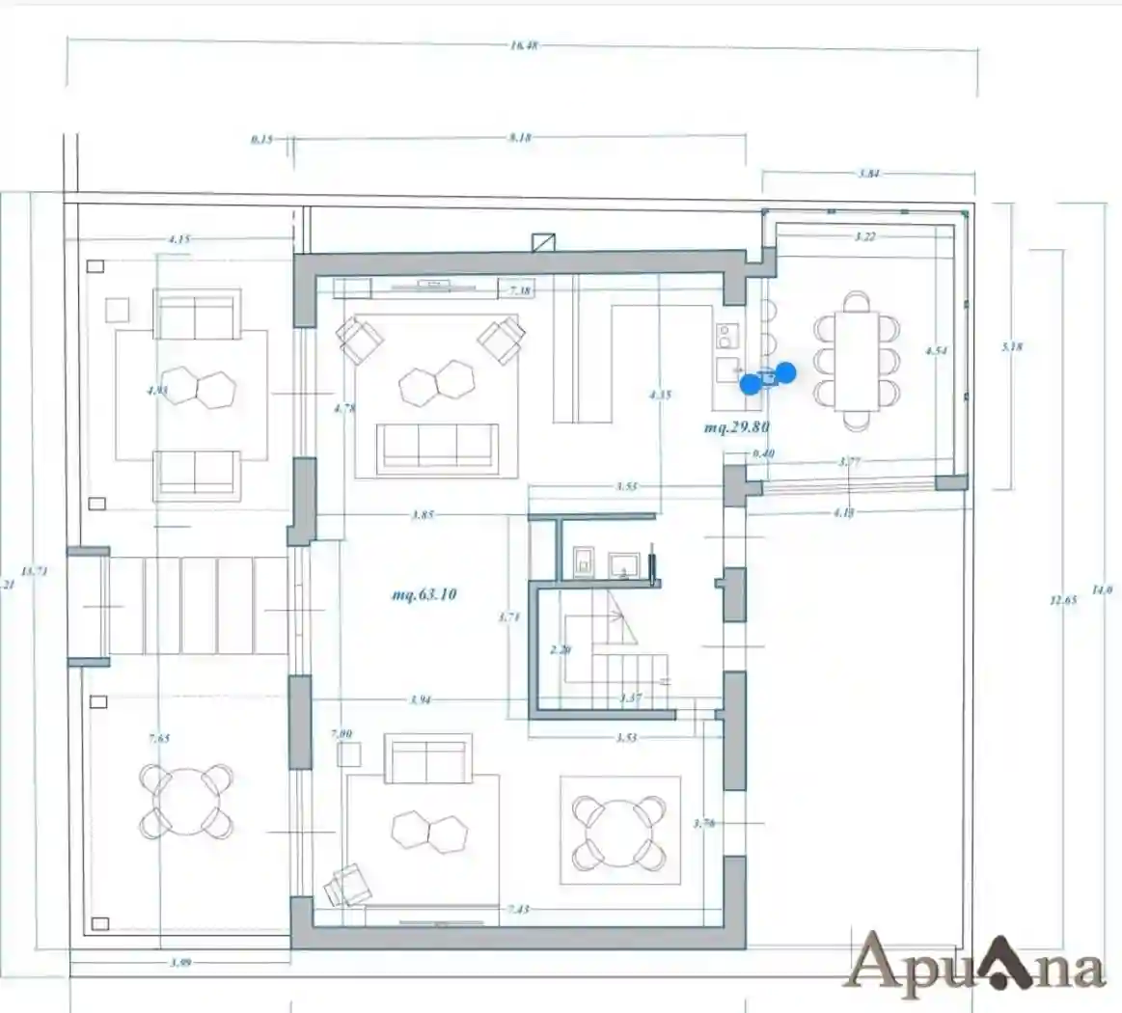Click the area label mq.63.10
424,595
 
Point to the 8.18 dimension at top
519,138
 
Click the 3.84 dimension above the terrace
868,174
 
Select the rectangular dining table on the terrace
857,361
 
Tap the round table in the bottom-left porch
187,801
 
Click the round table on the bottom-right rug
619,831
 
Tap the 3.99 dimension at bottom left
179,962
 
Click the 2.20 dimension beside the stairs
560,650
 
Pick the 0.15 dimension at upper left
261,139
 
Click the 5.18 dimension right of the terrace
1011,347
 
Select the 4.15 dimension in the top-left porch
178,238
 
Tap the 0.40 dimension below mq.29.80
762,453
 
